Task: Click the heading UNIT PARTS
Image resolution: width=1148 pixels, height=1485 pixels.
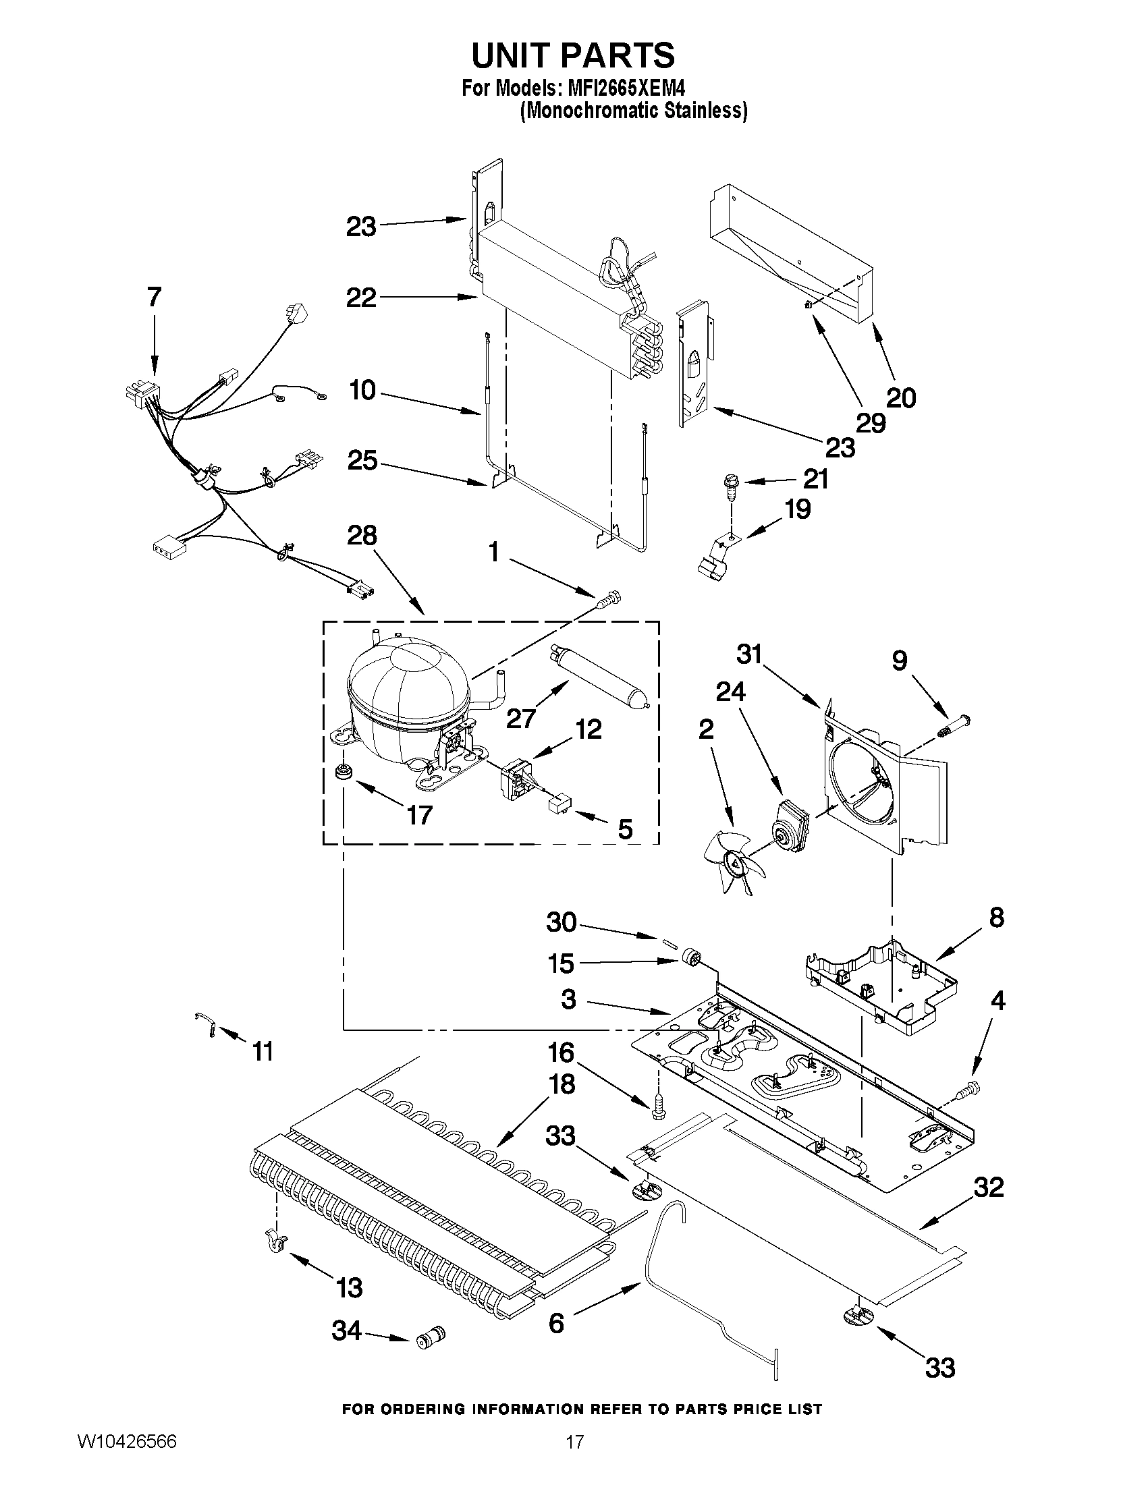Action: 573,56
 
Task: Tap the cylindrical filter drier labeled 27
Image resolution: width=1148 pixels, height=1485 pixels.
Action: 599,674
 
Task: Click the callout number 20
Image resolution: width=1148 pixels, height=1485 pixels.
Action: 901,398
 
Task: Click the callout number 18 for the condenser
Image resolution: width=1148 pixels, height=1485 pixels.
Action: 562,1084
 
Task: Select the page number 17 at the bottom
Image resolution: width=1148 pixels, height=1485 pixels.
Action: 575,1458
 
